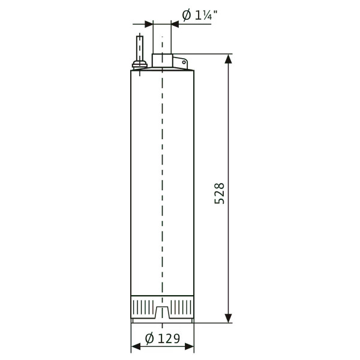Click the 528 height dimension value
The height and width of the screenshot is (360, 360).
219,193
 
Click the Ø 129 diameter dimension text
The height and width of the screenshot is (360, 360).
163,338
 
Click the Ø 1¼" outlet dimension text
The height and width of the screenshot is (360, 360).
200,15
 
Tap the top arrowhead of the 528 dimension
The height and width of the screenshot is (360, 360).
228,59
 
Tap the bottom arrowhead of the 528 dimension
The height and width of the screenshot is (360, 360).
228,318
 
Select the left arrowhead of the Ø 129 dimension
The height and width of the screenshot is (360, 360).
136,347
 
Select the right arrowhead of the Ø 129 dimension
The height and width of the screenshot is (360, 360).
190,347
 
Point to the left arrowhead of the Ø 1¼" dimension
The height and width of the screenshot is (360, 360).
149,24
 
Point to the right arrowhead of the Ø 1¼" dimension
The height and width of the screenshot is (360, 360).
175,24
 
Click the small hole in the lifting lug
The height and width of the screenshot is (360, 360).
184,62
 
